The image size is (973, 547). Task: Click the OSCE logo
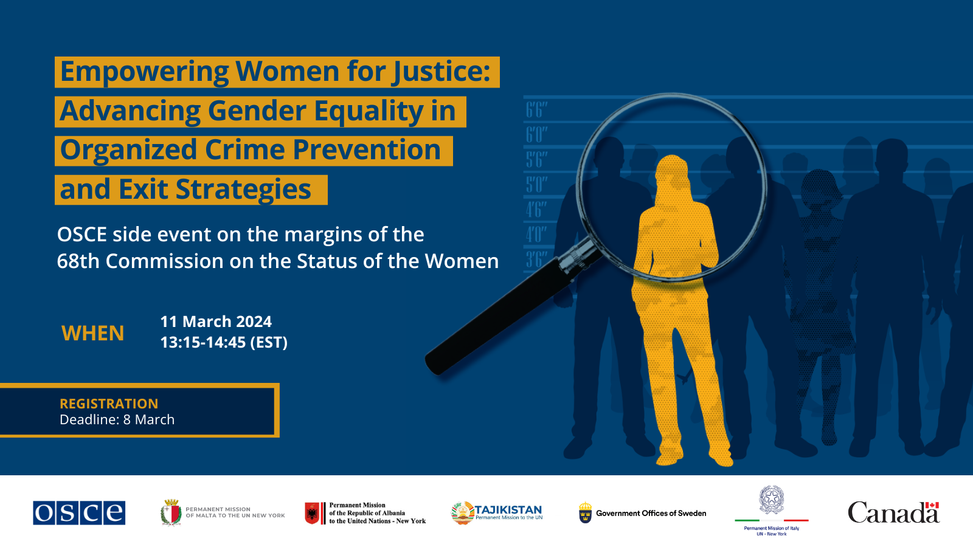point(79,513)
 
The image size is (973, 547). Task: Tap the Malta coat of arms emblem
point(171,513)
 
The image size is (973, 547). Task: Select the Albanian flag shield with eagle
point(312,513)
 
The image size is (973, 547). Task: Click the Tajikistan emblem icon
point(463,513)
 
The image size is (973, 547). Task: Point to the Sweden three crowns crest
point(586,513)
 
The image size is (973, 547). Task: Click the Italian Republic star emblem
point(772,500)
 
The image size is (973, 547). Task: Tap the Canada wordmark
point(893,512)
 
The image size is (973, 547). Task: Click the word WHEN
point(93,333)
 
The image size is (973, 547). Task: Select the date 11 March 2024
point(216,322)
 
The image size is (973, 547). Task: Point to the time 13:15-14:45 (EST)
point(224,342)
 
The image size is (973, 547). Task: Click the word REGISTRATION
point(109,404)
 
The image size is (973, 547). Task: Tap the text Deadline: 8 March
point(117,419)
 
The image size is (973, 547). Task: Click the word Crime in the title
point(244,150)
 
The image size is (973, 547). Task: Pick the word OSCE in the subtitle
point(82,235)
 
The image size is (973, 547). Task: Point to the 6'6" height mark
point(536,110)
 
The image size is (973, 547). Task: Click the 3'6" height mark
point(536,259)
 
